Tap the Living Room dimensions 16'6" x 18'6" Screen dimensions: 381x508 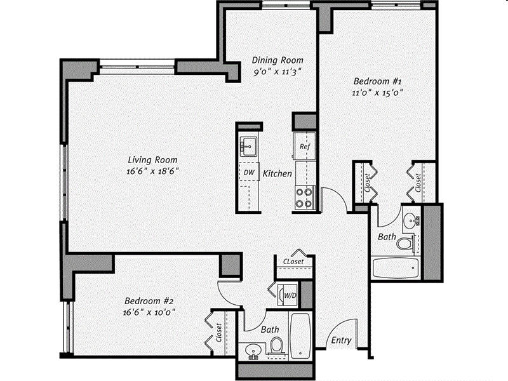[152, 171]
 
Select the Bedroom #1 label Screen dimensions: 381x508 [378, 81]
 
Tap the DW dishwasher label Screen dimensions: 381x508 [248, 172]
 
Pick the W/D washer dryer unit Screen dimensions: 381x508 [289, 295]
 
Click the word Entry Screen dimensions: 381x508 [341, 340]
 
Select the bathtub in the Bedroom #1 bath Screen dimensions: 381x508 [396, 268]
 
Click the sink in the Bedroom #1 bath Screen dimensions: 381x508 [413, 220]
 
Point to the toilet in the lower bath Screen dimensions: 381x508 [276, 346]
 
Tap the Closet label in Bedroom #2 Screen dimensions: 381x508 [218, 333]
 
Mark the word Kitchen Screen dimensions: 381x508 [277, 173]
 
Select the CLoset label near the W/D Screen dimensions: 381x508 [293, 261]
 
